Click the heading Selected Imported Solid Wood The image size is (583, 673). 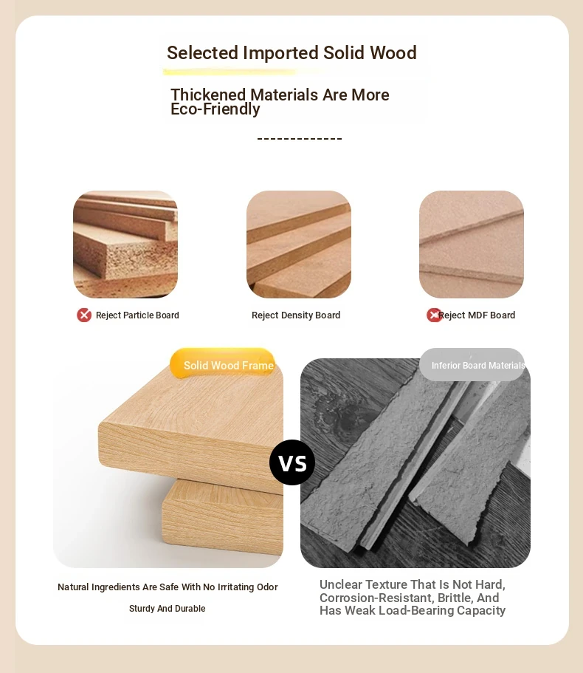291,52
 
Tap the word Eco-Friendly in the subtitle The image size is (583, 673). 215,109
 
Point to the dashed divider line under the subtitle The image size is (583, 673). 299,138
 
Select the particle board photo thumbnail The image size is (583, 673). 125,245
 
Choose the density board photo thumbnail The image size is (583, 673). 298,245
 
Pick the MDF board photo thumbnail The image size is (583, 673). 472,245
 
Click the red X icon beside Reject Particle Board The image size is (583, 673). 84,315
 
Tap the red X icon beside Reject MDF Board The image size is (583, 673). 433,315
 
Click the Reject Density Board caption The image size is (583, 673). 296,315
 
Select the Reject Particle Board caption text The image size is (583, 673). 137,315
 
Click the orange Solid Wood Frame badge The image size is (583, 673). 222,363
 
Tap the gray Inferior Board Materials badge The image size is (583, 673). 472,364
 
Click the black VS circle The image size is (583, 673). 292,462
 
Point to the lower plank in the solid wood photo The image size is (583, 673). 222,516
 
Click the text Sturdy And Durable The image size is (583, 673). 168,608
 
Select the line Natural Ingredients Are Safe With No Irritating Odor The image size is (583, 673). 168,587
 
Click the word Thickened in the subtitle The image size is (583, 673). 208,95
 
